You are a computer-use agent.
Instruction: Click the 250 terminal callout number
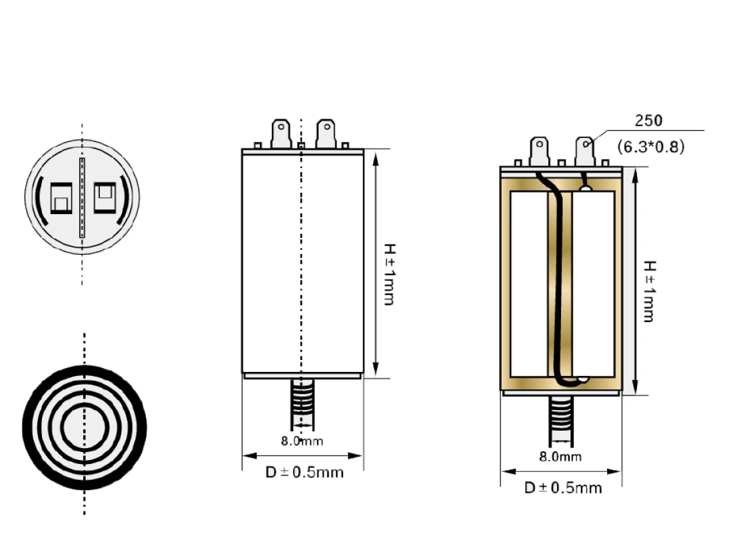(x=648, y=121)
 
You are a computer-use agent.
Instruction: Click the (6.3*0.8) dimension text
(x=650, y=147)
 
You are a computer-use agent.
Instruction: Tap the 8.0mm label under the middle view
(x=301, y=441)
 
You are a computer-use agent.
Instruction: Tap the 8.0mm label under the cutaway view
(x=560, y=457)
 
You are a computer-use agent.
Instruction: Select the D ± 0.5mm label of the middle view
(x=305, y=472)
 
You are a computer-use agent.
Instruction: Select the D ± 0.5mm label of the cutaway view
(x=562, y=488)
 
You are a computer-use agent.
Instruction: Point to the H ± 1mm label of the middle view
(x=388, y=273)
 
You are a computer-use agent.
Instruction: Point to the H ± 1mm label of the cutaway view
(x=647, y=290)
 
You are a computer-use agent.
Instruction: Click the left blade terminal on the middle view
(x=281, y=133)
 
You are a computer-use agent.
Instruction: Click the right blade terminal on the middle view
(x=325, y=133)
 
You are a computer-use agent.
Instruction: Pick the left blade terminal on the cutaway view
(x=539, y=151)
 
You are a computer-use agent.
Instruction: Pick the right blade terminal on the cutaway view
(x=584, y=151)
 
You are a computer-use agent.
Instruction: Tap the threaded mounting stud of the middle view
(x=303, y=403)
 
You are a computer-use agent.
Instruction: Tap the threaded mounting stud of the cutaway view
(x=560, y=420)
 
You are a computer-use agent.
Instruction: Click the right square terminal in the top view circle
(x=105, y=197)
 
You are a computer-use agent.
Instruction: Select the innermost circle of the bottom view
(x=85, y=427)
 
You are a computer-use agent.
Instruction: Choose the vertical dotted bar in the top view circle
(x=82, y=198)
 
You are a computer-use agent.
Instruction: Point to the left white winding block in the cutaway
(x=528, y=283)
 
